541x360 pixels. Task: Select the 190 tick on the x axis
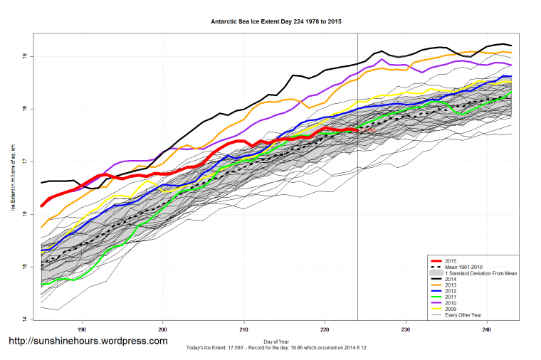click(x=82, y=329)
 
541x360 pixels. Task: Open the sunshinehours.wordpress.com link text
click(x=88, y=342)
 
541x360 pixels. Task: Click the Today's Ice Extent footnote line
click(x=277, y=348)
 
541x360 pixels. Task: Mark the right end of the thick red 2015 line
click(x=357, y=130)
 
